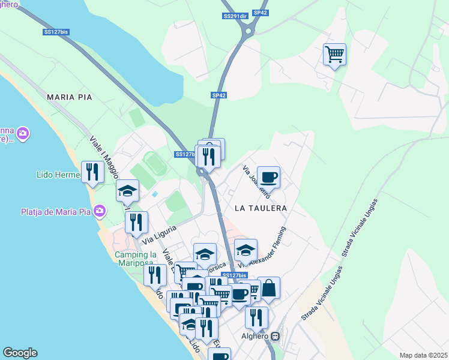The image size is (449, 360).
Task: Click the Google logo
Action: click(x=20, y=353)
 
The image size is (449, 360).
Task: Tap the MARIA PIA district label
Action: click(x=69, y=97)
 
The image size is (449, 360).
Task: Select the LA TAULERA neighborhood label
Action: click(x=261, y=208)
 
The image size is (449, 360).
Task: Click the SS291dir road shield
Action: click(x=235, y=16)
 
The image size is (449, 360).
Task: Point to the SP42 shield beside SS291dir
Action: click(x=260, y=12)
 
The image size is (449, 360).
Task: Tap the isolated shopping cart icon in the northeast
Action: click(x=334, y=55)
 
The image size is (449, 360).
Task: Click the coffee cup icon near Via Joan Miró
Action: click(x=268, y=178)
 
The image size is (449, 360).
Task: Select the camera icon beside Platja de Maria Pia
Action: click(x=100, y=211)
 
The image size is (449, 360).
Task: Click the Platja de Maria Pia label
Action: click(x=56, y=211)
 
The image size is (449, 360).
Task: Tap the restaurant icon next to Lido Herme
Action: click(x=92, y=172)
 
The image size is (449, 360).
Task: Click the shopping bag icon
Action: click(x=270, y=288)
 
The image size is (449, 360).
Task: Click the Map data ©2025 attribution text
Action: click(x=424, y=355)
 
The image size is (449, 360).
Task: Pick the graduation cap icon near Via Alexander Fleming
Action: click(x=246, y=250)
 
